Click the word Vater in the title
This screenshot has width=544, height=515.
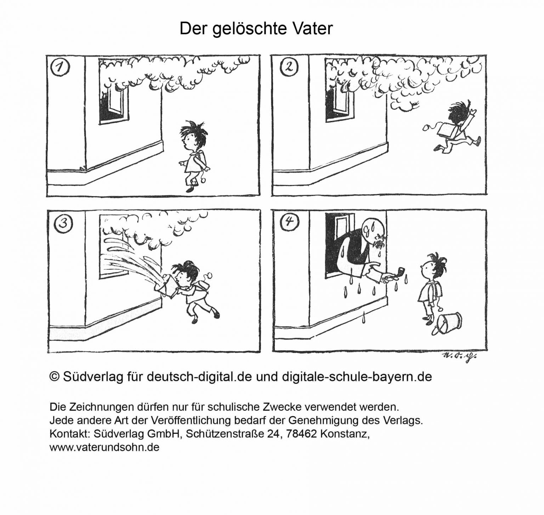[313, 29]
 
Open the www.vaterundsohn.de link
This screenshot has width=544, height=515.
[104, 447]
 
